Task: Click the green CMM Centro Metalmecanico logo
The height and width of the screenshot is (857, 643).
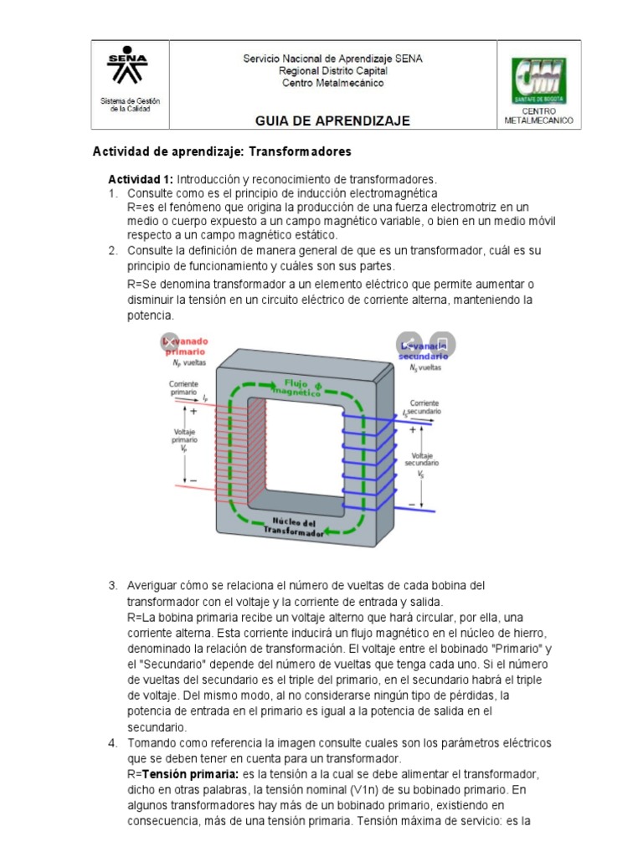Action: coord(539,80)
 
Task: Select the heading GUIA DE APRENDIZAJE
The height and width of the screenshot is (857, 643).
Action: coord(332,121)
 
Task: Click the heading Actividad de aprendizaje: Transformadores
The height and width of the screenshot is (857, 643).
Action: coord(221,152)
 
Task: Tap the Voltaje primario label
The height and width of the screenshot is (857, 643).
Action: coord(184,439)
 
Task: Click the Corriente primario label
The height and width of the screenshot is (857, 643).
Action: coord(183,386)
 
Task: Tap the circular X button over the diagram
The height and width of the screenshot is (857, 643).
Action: coord(170,341)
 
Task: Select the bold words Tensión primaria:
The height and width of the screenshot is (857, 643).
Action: coord(186,773)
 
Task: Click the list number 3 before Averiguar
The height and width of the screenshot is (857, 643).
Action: coord(112,584)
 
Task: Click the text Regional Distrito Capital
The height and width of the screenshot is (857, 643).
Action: coord(332,71)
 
